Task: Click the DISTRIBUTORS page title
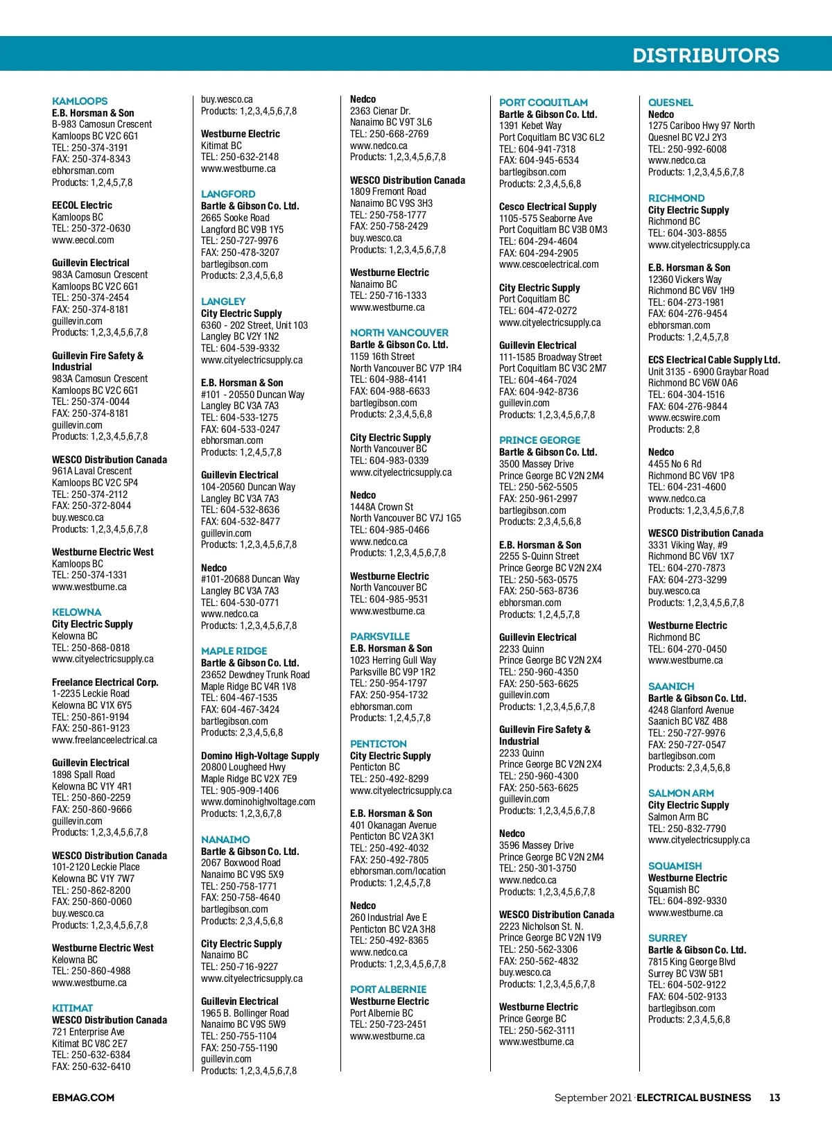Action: coord(705,55)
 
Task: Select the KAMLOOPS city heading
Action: coord(80,101)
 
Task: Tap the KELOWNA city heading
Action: coord(76,612)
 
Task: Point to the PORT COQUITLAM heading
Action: coord(543,103)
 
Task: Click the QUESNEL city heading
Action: coord(670,103)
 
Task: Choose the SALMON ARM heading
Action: coord(681,793)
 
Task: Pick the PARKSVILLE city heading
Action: coord(380,637)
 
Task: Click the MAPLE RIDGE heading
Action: coord(234,651)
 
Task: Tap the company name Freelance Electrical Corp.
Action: coord(105,682)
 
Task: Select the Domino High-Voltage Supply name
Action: coord(260,756)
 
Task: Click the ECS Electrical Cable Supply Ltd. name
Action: coord(713,360)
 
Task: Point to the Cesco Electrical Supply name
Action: coord(548,207)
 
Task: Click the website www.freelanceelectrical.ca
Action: coord(104,740)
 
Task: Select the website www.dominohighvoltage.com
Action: coord(258,802)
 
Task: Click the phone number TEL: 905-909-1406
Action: coord(240,791)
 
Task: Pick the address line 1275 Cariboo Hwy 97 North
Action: coord(701,126)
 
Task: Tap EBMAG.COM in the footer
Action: coord(83,1098)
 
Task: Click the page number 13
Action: coord(774,1098)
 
